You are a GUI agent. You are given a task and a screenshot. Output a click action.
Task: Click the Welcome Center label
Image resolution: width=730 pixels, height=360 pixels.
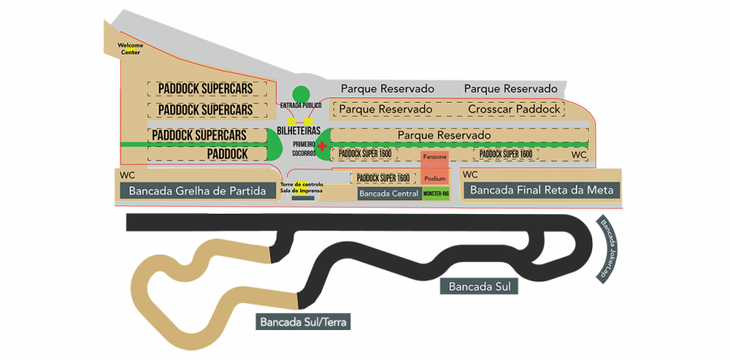[x=131, y=48]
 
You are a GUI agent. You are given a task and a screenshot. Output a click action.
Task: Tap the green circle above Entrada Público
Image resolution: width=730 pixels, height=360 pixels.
[x=301, y=94]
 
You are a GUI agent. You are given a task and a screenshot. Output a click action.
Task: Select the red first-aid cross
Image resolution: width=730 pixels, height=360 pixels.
[x=322, y=147]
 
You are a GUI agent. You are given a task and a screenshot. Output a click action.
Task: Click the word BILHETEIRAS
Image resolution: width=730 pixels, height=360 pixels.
[x=299, y=131]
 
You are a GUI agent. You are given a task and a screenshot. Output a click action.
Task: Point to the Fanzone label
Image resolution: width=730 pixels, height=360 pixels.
[x=436, y=156]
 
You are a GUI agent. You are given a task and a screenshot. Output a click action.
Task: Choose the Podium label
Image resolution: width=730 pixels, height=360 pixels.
[x=436, y=178]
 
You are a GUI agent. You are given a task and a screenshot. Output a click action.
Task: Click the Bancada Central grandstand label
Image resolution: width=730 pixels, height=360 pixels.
[x=389, y=195]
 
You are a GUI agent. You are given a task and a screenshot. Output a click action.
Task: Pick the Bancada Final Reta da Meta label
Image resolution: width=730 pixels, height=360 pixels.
[x=542, y=191]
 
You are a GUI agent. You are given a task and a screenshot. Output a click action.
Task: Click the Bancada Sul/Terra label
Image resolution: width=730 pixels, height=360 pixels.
[x=303, y=322]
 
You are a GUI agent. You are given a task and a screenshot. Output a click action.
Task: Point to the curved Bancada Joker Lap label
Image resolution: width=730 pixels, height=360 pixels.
[x=609, y=251]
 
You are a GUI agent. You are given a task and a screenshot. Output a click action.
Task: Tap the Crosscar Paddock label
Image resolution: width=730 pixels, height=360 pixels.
[x=514, y=109]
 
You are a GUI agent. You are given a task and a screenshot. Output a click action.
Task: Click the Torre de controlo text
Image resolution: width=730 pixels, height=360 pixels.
[x=302, y=185]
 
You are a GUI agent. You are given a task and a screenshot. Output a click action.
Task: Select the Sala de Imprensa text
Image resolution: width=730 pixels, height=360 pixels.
[x=302, y=191]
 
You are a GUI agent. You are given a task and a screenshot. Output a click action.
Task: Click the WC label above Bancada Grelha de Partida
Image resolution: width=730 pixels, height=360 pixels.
[x=127, y=174]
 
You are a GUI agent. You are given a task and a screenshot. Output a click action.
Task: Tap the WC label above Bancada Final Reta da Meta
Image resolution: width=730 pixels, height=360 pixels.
[x=470, y=174]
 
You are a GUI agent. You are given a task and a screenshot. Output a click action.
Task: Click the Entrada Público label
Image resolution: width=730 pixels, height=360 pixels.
[x=301, y=106]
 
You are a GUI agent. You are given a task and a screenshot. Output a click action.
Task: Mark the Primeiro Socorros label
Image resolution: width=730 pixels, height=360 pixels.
[x=303, y=148]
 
